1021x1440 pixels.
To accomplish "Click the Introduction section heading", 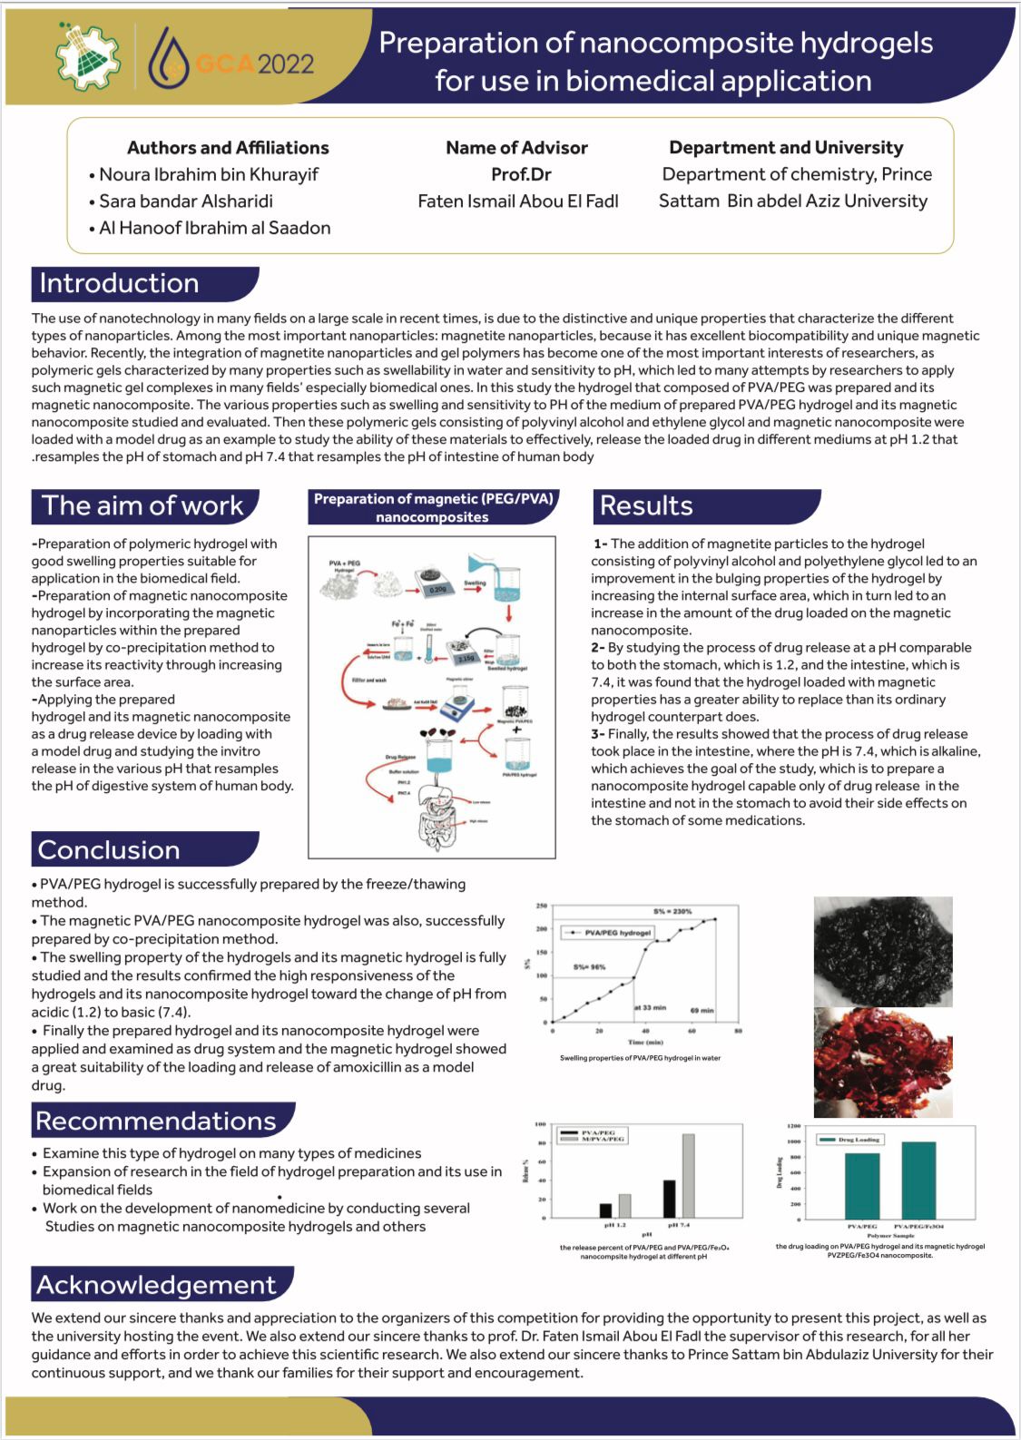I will coord(119,283).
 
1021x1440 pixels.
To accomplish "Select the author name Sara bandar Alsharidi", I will coord(185,201).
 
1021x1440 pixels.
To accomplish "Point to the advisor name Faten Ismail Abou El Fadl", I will coord(517,201).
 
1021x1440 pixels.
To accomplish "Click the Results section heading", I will coord(646,505).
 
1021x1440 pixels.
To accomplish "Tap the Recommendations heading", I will coord(155,1121).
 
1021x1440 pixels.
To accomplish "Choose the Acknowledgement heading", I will coord(155,1285).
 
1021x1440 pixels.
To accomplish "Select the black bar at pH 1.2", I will coord(605,1210).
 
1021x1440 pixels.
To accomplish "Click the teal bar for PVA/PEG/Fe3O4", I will coord(918,1180).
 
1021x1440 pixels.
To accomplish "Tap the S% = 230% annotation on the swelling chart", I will coord(672,910).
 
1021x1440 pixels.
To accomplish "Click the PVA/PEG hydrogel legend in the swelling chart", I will coord(610,932).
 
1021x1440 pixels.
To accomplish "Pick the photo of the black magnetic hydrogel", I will coord(882,951).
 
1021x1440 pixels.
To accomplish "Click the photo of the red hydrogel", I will coord(882,1062).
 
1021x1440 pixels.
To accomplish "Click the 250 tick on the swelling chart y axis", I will coord(542,906).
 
